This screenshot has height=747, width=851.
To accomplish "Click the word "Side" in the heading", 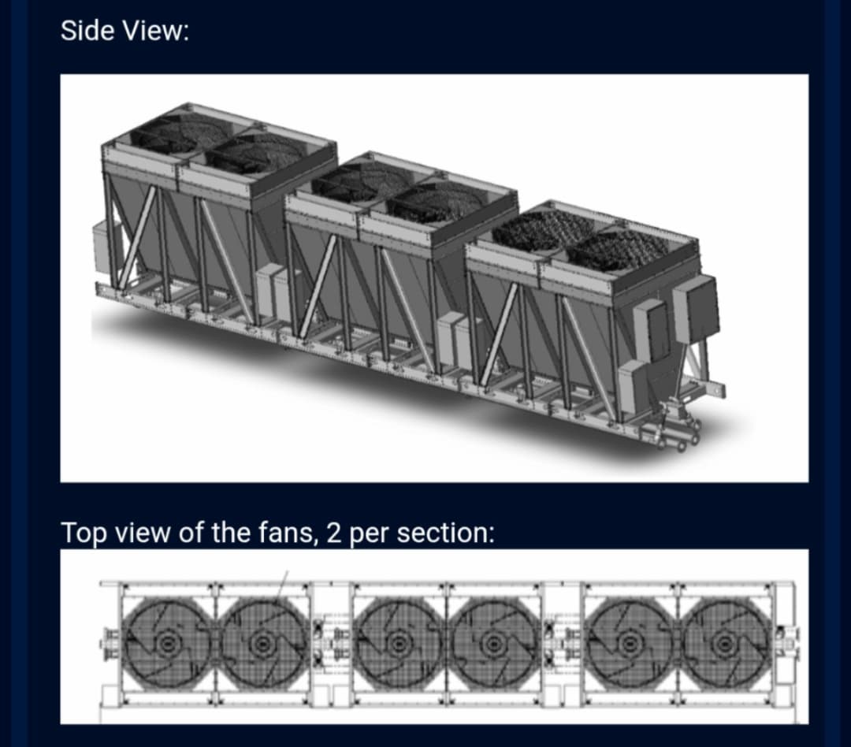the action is [87, 30].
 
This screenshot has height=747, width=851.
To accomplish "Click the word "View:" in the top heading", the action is [155, 30].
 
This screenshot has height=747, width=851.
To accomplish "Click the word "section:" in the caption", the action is [445, 533].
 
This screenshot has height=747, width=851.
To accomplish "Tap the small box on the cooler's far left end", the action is [100, 247].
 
